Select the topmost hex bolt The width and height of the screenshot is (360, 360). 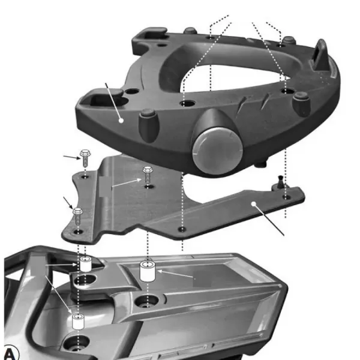85,157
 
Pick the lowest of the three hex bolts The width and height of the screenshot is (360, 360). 78,216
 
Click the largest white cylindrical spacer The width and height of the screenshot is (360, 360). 148,271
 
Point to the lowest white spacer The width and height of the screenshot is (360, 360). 78,322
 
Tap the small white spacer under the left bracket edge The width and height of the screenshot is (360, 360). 86,264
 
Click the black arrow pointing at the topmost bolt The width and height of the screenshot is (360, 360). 72,157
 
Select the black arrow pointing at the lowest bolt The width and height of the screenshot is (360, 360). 68,203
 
